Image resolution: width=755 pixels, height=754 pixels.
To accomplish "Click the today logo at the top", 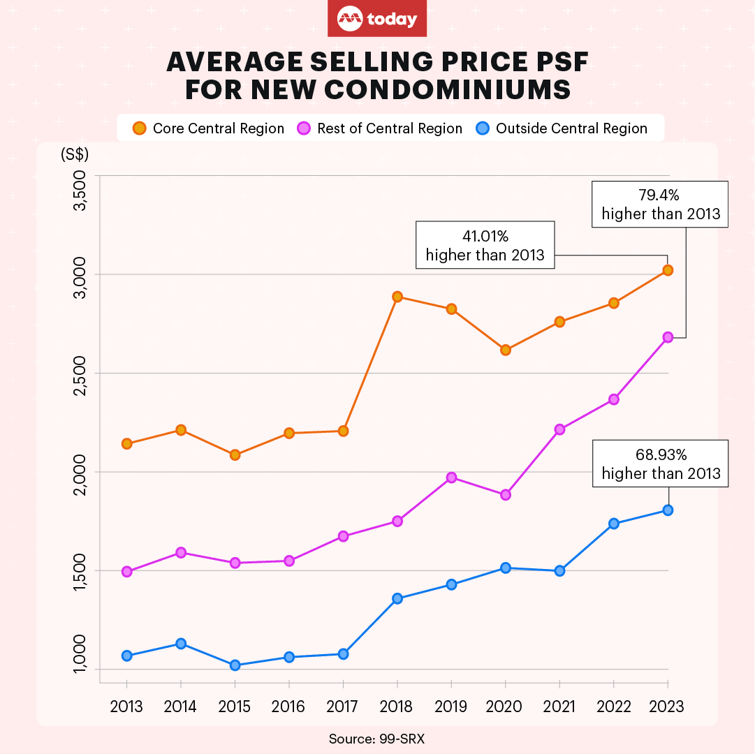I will point(377,19).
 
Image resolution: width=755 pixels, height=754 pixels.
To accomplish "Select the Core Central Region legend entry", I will point(209,128).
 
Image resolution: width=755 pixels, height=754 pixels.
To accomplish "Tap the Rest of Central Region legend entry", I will point(380,128).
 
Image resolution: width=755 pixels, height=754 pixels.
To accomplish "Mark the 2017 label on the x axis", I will point(342,707).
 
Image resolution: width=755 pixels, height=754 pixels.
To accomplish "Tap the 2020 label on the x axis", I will point(505,707).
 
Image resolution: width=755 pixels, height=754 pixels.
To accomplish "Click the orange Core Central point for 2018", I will point(397,297).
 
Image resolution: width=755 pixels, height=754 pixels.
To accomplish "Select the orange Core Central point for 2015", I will point(235,455).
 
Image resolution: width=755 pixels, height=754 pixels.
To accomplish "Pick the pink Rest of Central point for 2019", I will point(451,478).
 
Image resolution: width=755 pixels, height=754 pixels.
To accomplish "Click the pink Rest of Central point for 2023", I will point(668,337).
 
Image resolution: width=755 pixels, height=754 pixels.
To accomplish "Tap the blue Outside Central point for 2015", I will point(235,665).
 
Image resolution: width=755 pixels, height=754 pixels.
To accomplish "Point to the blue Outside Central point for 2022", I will point(613,524).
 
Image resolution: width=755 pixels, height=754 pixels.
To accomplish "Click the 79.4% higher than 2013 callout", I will point(660,204).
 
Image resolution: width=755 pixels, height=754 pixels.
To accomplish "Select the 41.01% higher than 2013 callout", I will point(485,245).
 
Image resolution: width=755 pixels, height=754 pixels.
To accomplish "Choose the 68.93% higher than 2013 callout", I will point(660,464).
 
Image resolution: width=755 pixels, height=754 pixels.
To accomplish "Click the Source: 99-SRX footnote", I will point(376,739).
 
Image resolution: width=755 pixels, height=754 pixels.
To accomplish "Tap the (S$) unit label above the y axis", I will point(75,154).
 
